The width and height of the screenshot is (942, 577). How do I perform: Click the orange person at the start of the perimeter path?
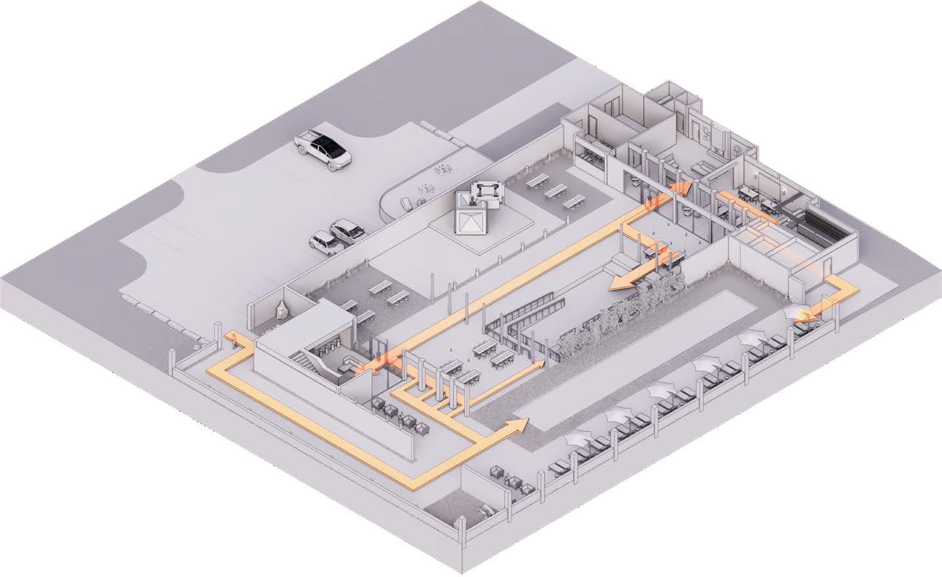(230, 339)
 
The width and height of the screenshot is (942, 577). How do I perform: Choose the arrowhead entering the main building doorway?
(680, 188)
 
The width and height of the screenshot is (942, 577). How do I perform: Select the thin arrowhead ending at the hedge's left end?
(540, 362)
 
